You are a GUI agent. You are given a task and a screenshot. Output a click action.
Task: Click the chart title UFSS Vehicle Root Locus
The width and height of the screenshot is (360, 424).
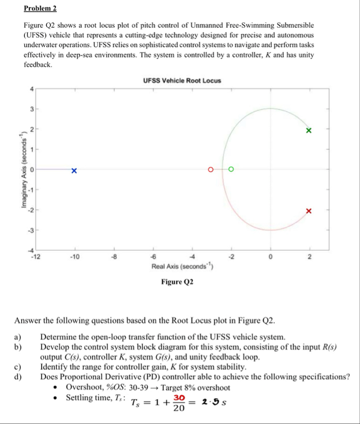[x=182, y=81]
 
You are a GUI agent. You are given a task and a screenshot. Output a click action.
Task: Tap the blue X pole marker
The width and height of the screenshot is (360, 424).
[x=74, y=170]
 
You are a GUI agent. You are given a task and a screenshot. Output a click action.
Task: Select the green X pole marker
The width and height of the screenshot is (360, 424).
[x=308, y=130]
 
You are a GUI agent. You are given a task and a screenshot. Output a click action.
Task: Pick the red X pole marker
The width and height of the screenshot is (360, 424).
[x=308, y=211]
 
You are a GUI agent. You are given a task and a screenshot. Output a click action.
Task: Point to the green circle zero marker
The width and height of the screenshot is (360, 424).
[x=231, y=169]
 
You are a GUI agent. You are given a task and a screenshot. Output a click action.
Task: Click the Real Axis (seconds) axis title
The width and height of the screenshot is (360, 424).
[x=181, y=267]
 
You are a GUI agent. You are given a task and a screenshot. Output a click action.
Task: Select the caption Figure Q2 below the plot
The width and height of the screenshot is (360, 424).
[x=177, y=282]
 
